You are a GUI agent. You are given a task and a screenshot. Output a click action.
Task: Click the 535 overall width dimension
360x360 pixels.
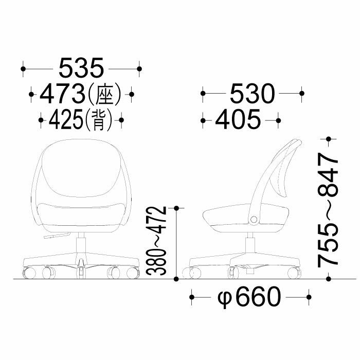pyautogui.click(x=81, y=68)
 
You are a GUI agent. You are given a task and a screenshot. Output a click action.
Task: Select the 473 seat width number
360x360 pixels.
pyautogui.click(x=62, y=94)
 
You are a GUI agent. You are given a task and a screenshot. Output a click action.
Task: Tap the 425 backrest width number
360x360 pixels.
pyautogui.click(x=66, y=120)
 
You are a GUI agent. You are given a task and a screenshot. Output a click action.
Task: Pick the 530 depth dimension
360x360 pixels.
pyautogui.click(x=252, y=94)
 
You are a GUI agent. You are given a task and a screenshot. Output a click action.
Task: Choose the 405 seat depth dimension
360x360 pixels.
pyautogui.click(x=238, y=119)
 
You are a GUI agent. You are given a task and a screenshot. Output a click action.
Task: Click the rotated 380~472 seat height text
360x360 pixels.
pyautogui.click(x=156, y=241)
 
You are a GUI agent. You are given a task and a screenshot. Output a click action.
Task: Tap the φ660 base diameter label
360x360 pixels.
pyautogui.click(x=249, y=297)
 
